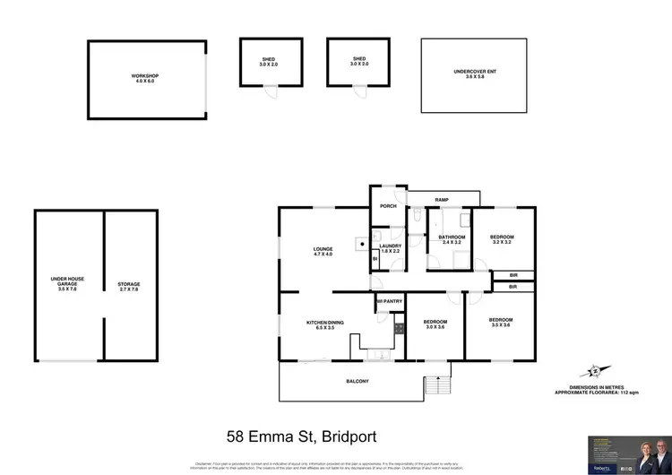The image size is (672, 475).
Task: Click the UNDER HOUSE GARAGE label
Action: point(67,284)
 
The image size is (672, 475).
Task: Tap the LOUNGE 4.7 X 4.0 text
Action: point(323,251)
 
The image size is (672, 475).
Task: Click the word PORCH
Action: point(388,206)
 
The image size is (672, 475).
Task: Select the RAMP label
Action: point(442,200)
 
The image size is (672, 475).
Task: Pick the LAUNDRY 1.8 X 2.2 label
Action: point(390,248)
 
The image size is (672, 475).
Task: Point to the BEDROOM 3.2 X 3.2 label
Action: point(502,239)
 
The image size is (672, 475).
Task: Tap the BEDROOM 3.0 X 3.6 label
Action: point(435,324)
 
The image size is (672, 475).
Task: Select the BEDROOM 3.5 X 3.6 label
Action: point(501,324)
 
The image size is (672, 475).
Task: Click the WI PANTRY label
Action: point(388,301)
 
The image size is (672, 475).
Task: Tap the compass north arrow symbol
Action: point(596,369)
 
